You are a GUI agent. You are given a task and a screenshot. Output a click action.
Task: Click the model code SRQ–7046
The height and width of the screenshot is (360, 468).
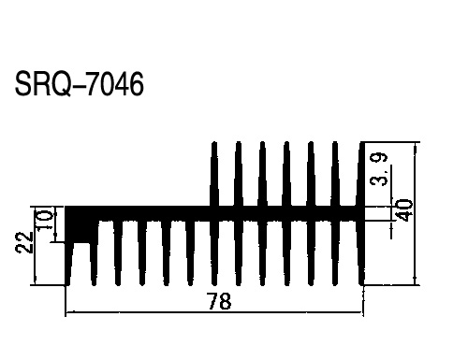(x=80, y=84)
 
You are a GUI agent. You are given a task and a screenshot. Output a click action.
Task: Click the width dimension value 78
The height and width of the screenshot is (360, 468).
(x=220, y=301)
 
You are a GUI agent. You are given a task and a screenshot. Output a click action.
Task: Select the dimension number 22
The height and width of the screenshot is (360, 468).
(x=24, y=242)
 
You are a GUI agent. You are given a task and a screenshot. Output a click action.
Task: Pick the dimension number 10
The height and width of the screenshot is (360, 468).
(x=44, y=221)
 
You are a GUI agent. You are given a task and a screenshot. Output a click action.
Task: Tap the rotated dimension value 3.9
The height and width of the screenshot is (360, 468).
(x=378, y=169)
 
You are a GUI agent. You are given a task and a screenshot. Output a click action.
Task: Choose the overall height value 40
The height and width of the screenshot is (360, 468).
(x=405, y=210)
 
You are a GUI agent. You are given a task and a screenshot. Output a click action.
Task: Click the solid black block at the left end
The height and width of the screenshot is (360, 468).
(x=80, y=224)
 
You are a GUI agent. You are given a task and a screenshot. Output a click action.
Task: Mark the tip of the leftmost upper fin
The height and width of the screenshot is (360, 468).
(x=214, y=142)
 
